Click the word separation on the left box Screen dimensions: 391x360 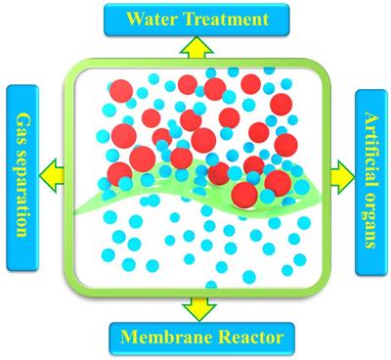[x=22, y=193]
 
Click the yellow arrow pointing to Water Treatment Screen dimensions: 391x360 [x=196, y=48]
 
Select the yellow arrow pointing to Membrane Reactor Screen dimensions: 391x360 [x=199, y=308]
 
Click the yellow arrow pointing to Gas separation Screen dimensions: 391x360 [x=52, y=175]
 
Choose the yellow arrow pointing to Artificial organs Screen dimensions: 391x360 [x=342, y=177]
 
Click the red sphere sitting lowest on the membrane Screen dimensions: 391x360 [x=244, y=195]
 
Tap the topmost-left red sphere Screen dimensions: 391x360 [x=121, y=91]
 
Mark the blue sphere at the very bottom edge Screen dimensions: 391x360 [x=211, y=286]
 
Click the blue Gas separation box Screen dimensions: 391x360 [x=22, y=178]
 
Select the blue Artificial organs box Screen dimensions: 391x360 [x=371, y=183]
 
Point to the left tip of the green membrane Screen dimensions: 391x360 [x=75, y=212]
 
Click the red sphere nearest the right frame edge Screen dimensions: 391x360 [x=286, y=145]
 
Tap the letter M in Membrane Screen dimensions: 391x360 [x=128, y=337]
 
